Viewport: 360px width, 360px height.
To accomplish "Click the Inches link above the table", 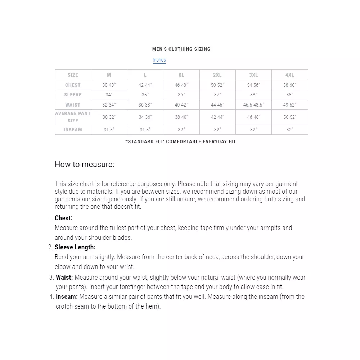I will [x=159, y=60].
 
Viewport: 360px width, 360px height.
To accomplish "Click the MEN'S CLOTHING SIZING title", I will [x=181, y=49].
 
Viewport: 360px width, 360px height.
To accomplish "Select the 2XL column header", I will [x=217, y=75].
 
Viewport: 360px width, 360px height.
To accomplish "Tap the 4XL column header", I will [x=289, y=75].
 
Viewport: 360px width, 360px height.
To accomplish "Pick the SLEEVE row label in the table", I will [x=73, y=95].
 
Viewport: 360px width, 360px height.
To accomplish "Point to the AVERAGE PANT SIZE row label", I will [x=73, y=117].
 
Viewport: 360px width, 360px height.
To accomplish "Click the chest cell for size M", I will [x=109, y=85].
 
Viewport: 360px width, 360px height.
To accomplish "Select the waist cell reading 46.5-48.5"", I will [x=253, y=105].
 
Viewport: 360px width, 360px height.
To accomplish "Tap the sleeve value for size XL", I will [x=181, y=95].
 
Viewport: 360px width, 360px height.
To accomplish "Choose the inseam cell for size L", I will [x=145, y=130].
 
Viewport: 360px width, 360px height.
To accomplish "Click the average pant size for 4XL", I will [x=289, y=117].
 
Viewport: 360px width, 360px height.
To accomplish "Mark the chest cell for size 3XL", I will [x=253, y=85].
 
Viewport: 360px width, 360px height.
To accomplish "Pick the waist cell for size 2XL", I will [x=217, y=105].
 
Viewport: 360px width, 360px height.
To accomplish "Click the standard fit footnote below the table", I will [x=181, y=141].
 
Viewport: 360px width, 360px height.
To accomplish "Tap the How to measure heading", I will [x=84, y=165].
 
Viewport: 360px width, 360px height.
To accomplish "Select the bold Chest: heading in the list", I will [x=63, y=218].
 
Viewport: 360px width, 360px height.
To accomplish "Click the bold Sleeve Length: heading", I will [x=75, y=247].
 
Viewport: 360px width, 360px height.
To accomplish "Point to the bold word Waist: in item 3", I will [x=64, y=278].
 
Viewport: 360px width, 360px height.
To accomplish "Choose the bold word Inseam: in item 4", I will [x=67, y=297].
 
